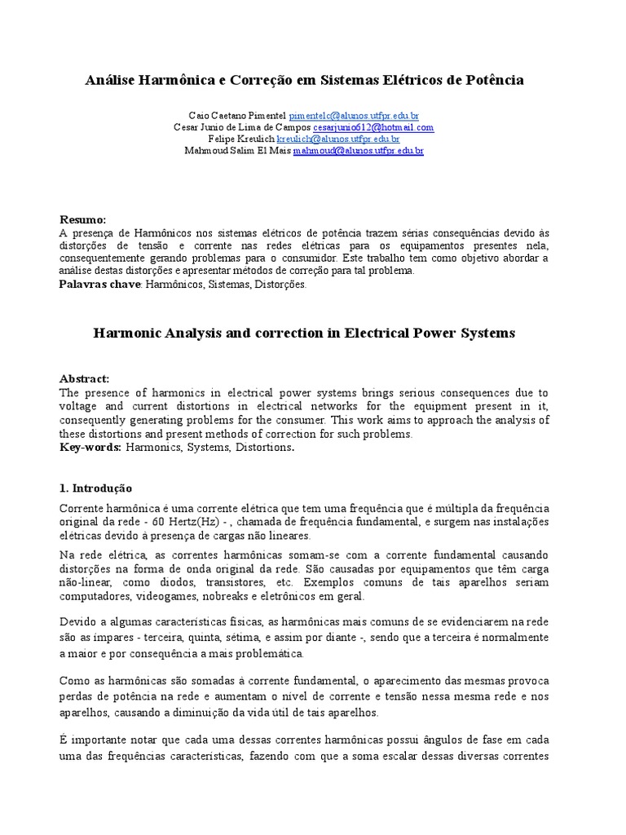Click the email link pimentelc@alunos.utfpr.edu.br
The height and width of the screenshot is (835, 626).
354,117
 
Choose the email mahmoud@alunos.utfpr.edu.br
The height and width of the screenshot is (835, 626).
359,151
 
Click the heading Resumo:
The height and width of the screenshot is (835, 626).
83,220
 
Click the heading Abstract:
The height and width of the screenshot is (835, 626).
84,379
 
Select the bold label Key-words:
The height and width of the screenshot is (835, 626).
90,448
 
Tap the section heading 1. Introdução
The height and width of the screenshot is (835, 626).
95,488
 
